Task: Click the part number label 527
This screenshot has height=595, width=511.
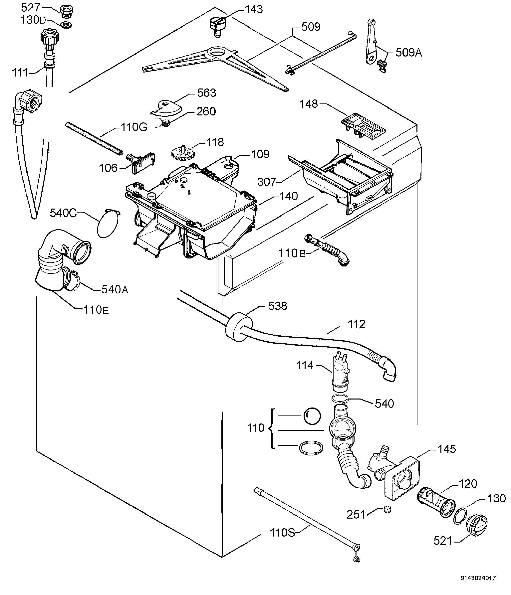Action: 31,8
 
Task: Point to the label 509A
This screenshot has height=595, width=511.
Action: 409,52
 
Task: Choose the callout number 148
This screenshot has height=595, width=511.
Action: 309,104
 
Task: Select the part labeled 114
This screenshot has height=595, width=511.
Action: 340,373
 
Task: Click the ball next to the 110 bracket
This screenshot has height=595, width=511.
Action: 312,416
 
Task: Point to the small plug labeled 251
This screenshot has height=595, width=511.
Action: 388,509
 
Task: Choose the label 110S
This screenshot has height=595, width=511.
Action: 282,533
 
